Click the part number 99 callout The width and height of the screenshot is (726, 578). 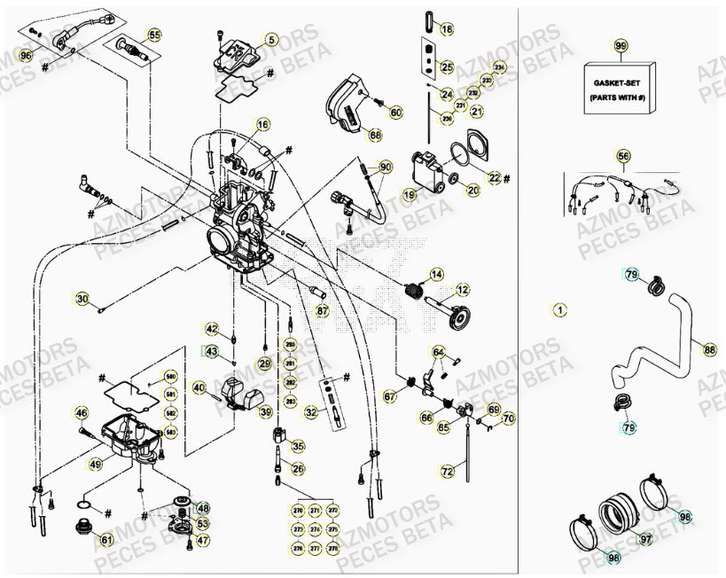point(620,45)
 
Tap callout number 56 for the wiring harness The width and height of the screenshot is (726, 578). point(624,156)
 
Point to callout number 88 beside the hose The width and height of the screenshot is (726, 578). point(708,350)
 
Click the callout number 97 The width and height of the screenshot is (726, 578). point(645,538)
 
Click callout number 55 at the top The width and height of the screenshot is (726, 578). point(154,35)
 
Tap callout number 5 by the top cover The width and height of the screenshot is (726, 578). point(270,39)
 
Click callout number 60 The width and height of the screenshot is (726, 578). point(395,112)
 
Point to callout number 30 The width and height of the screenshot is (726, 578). point(82,299)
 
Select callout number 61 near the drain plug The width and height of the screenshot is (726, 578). point(106,539)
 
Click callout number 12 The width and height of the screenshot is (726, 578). point(462,290)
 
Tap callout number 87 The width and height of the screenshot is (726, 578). point(322,311)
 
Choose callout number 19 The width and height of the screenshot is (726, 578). point(409,194)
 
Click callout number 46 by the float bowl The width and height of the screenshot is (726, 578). point(81,413)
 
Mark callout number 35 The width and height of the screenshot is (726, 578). point(298,447)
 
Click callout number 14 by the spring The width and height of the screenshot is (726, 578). point(436,275)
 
